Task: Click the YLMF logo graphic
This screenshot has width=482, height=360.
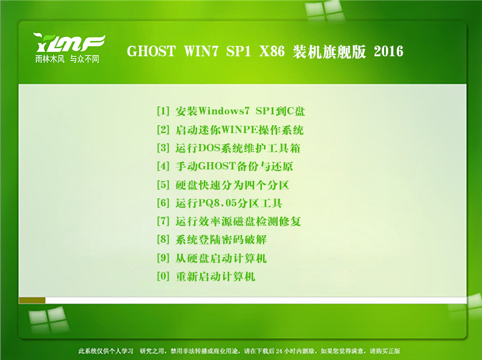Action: [x=69, y=43]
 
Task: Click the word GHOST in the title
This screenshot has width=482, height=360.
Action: [x=151, y=51]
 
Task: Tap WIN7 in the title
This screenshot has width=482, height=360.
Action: [x=201, y=51]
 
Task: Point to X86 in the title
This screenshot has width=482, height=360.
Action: [x=272, y=51]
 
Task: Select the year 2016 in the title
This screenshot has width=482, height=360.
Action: [x=388, y=51]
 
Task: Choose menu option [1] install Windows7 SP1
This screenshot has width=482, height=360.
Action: [x=231, y=111]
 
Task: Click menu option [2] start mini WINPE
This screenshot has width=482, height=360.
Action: [x=230, y=129]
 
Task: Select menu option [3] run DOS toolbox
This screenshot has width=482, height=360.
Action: [x=229, y=148]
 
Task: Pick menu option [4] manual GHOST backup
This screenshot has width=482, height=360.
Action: [x=225, y=166]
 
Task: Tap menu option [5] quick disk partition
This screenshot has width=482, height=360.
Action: [x=223, y=185]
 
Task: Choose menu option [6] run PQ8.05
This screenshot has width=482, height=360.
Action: [x=220, y=203]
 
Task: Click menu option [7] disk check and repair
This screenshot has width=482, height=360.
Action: [x=229, y=221]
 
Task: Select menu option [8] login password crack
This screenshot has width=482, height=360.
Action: [x=212, y=240]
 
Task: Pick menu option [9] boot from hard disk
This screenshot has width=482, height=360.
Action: [x=212, y=258]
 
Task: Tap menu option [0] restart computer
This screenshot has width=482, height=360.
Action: [x=206, y=276]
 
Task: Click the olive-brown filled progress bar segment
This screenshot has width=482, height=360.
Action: [x=32, y=300]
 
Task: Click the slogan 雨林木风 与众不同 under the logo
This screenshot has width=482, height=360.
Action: [x=67, y=59]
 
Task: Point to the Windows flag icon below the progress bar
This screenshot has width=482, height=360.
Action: [x=49, y=319]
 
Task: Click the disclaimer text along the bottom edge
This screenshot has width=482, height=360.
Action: [x=239, y=351]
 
